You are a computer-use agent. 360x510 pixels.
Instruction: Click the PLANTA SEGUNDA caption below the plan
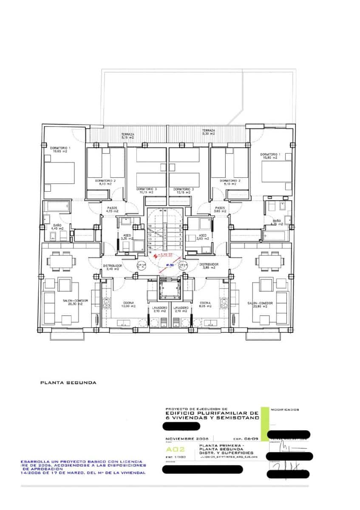pos(68,382)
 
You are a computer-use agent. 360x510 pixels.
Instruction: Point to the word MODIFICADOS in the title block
pos(284,410)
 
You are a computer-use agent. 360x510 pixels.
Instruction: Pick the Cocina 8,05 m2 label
pos(205,304)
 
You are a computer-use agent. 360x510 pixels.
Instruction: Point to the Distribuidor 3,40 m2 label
pos(113,267)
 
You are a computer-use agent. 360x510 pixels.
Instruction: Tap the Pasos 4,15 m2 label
pos(112,210)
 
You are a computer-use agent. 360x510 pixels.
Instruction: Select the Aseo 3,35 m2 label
pos(127,237)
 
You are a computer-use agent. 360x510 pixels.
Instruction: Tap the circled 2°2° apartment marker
pos(140,266)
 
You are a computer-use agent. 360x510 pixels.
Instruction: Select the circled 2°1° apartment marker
pos(184,266)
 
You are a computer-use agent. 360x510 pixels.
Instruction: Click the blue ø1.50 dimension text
pos(170,265)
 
